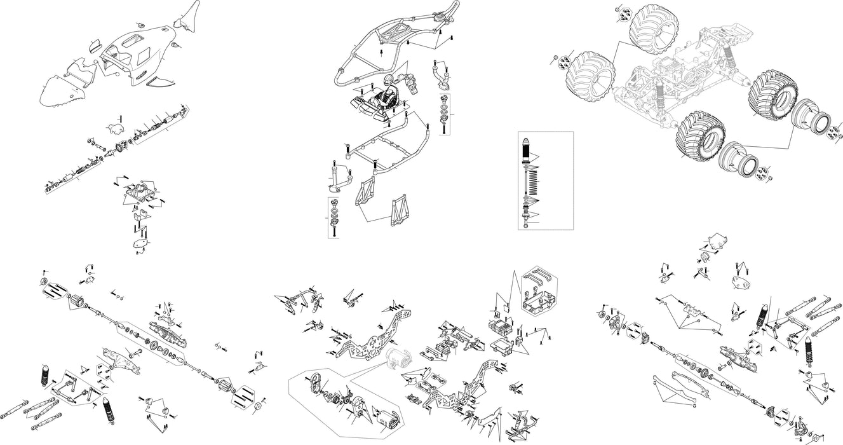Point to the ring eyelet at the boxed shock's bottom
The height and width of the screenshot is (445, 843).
point(527,225)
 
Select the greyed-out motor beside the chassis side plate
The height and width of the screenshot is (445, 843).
point(398,360)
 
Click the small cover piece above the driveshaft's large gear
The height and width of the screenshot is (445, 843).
point(114,127)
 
